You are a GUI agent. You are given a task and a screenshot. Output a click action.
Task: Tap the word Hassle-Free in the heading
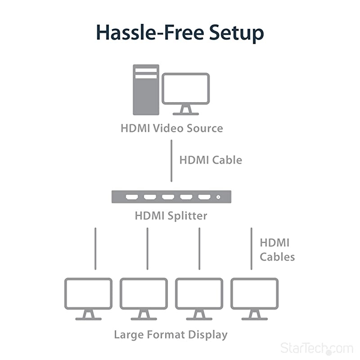click(x=144, y=33)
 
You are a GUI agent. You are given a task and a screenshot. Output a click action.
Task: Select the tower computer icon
click(x=146, y=90)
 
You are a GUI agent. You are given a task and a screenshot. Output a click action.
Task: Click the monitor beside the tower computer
click(x=185, y=92)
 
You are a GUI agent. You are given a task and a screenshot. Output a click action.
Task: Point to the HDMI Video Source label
click(x=171, y=128)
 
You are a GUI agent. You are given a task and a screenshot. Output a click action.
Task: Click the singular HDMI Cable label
click(x=211, y=160)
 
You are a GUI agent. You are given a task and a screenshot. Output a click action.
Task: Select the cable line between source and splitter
click(x=171, y=161)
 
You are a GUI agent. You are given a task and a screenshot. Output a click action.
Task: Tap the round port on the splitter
click(x=219, y=197)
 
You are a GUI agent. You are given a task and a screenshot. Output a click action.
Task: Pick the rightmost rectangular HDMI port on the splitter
click(x=204, y=197)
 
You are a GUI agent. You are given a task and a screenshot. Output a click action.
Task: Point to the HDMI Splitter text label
click(x=171, y=216)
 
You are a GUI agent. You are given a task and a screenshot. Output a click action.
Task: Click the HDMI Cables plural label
click(x=277, y=250)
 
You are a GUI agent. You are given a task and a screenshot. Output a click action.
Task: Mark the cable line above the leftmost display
click(x=95, y=248)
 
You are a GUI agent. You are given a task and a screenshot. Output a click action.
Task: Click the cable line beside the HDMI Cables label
click(x=251, y=248)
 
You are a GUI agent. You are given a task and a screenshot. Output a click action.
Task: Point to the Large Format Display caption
click(x=171, y=335)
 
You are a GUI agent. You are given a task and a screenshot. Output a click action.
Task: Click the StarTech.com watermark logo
click(x=317, y=348)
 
